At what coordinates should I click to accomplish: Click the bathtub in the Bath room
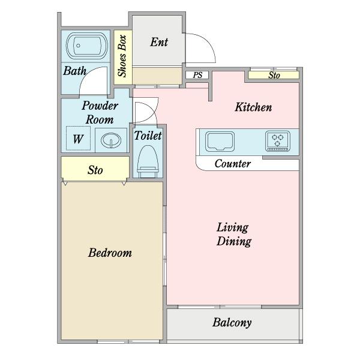(x=87, y=46)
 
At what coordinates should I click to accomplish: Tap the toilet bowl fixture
(x=148, y=161)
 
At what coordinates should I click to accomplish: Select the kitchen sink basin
(x=220, y=142)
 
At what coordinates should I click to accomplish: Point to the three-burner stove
(x=278, y=141)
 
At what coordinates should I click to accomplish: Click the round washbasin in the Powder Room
(x=111, y=140)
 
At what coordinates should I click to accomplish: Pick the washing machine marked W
(x=78, y=139)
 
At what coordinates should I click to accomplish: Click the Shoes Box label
(x=122, y=56)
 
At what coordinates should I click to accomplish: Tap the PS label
(x=197, y=75)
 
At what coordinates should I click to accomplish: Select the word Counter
(x=233, y=163)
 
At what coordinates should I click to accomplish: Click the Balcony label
(x=232, y=323)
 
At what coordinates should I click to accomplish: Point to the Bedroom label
(x=110, y=253)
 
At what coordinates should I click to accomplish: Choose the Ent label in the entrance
(x=159, y=42)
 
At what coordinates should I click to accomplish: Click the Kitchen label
(x=253, y=107)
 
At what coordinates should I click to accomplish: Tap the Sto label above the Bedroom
(x=95, y=170)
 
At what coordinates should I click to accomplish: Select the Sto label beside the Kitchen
(x=274, y=76)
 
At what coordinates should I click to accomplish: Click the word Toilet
(x=148, y=136)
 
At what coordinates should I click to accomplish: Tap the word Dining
(x=234, y=241)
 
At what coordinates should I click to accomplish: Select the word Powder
(x=100, y=106)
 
